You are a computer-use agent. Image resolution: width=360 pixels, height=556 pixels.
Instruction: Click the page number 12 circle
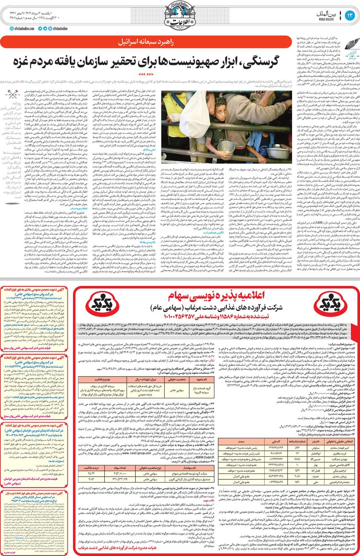tap(349, 16)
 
